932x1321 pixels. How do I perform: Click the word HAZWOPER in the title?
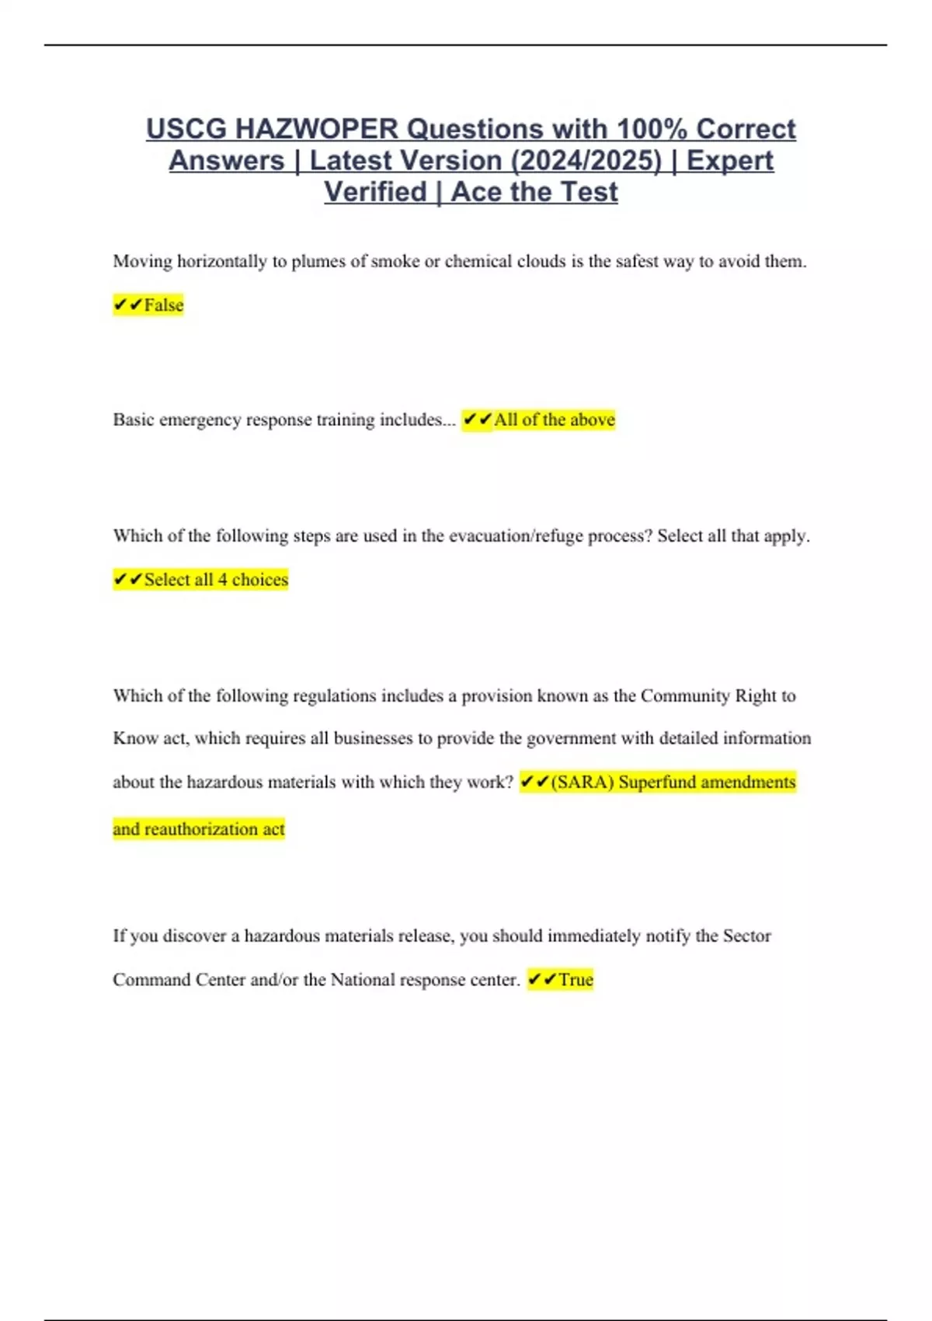[316, 129]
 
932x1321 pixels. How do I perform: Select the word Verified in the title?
[375, 192]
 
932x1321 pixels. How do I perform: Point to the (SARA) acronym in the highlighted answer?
[582, 782]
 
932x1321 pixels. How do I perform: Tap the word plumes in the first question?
[318, 261]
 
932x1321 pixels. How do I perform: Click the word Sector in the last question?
[746, 936]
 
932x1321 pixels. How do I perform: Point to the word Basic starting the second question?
[133, 420]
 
